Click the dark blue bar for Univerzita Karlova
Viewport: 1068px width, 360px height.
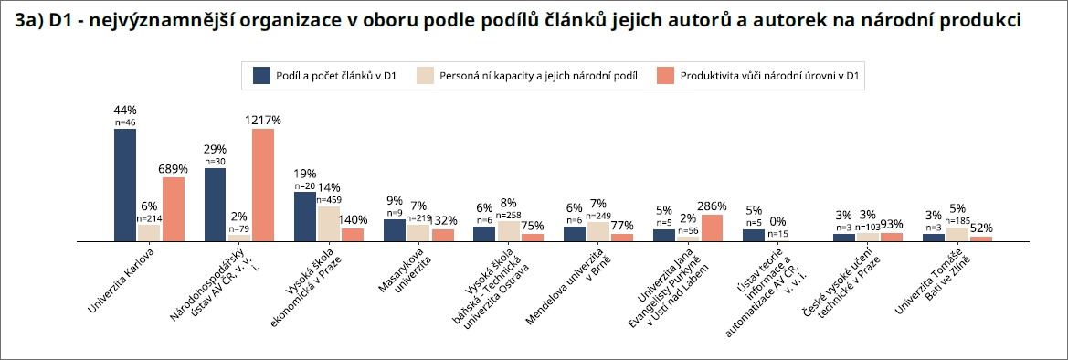[125, 185]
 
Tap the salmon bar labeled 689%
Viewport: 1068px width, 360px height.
[172, 208]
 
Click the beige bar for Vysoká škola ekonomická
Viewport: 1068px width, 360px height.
[328, 223]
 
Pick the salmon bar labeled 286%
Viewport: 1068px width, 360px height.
[712, 227]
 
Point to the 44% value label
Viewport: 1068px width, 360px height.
[125, 111]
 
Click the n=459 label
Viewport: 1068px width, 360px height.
[328, 199]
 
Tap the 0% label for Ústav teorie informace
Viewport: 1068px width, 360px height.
[778, 221]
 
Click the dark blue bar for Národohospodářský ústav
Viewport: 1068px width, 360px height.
[216, 204]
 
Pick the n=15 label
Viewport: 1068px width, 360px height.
[778, 234]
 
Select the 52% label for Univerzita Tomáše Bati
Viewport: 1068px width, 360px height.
[981, 228]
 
